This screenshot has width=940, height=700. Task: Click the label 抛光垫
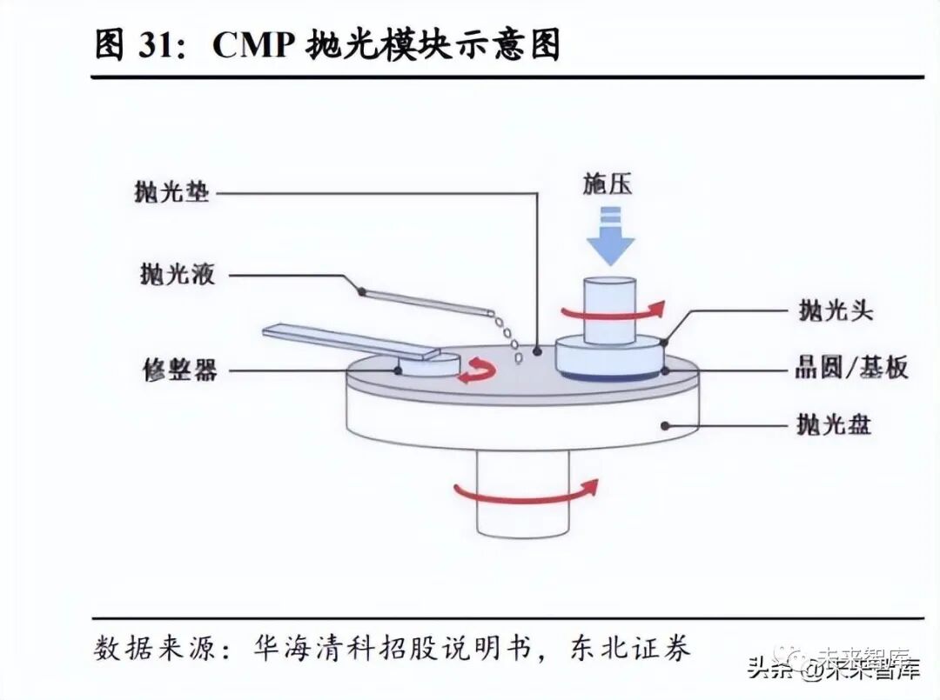click(x=172, y=192)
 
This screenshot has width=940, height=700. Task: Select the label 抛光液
click(x=177, y=276)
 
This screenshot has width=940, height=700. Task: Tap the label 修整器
click(x=179, y=370)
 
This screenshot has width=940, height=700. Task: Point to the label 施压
click(x=608, y=184)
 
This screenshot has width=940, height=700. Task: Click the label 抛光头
click(x=835, y=310)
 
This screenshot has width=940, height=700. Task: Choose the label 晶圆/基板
click(x=851, y=368)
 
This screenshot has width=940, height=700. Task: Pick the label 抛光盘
click(x=834, y=425)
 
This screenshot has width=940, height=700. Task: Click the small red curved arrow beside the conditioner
click(x=478, y=371)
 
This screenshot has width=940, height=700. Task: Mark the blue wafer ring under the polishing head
click(x=609, y=376)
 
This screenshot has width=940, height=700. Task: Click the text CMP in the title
click(x=252, y=44)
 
